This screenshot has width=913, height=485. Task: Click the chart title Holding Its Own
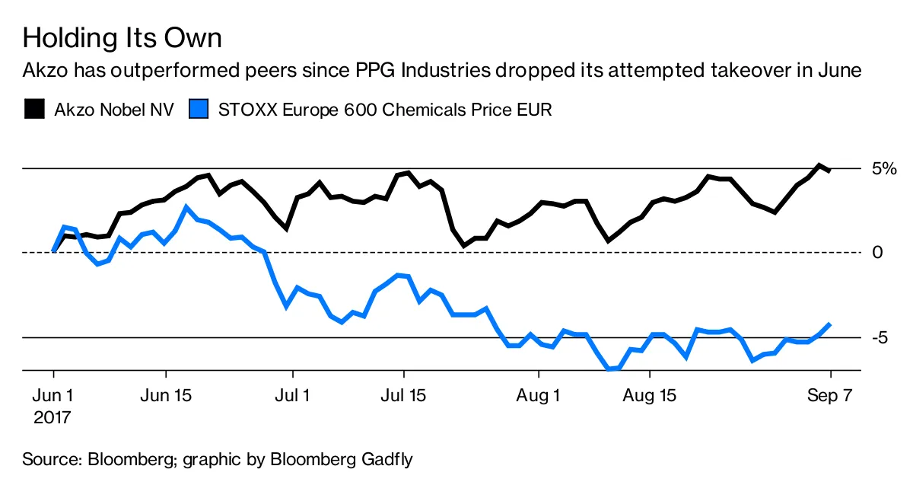pos(122,37)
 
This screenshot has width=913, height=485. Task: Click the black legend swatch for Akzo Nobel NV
pos(34,109)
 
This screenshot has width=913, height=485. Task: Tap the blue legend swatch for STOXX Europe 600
pos(199,109)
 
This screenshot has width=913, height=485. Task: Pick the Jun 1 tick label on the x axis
pos(53,397)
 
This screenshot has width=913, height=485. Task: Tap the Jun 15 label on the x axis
pos(166,397)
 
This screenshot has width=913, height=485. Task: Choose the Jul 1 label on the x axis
pos(292,397)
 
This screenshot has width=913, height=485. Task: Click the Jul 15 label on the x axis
pos(403,397)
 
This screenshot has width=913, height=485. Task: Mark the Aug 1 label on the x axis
pos(539,397)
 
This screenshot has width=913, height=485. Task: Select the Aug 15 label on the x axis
pos(650,397)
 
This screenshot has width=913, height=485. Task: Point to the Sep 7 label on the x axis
pos(830,397)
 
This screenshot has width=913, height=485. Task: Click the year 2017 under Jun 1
pos(53,417)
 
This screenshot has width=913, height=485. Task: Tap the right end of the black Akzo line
pos(829,170)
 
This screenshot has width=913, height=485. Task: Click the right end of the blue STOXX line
pos(829,324)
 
